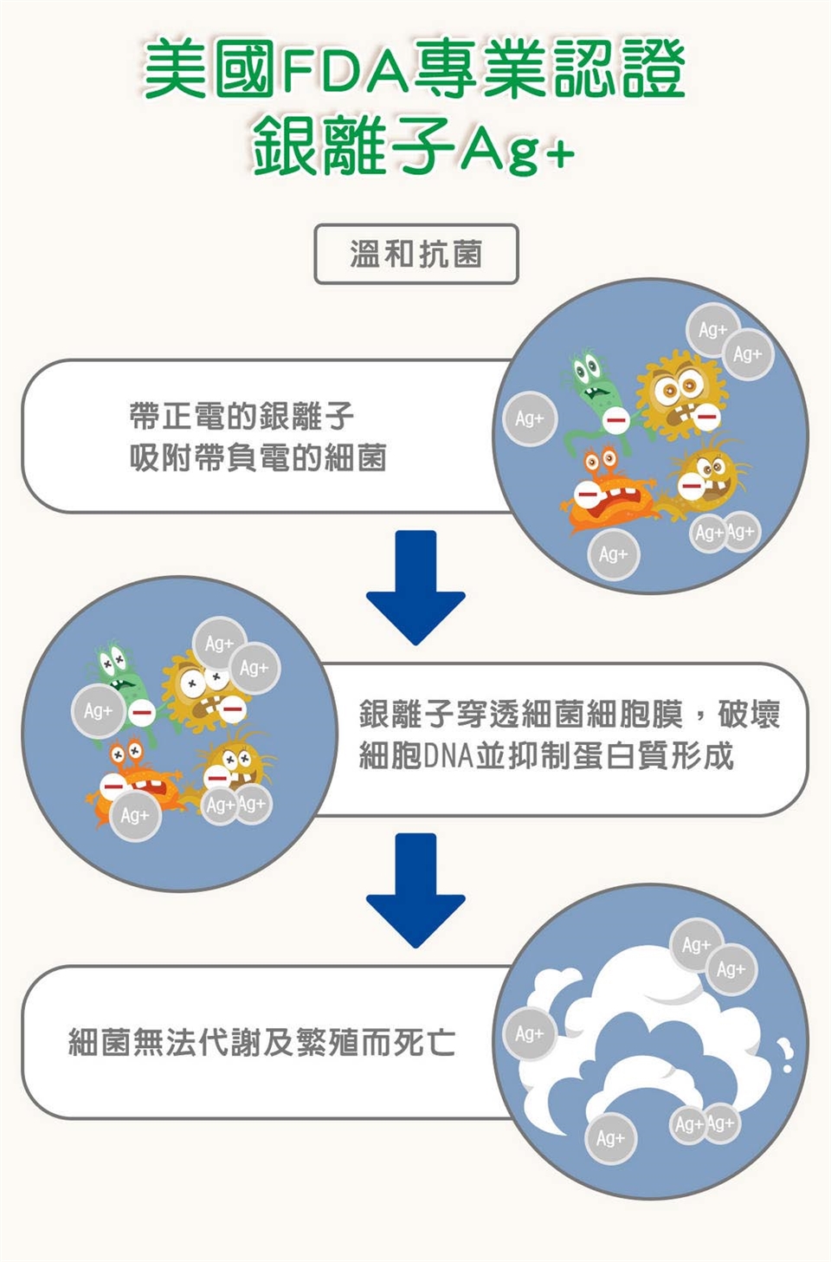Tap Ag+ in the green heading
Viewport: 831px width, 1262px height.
point(517,150)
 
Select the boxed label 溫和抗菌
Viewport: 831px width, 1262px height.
point(415,255)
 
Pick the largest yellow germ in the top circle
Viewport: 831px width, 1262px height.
point(680,394)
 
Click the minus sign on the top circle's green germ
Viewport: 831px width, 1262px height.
point(615,422)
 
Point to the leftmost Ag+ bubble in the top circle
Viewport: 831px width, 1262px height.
point(530,419)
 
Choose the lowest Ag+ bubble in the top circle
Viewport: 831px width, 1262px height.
point(613,554)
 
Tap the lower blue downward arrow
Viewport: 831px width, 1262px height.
point(415,890)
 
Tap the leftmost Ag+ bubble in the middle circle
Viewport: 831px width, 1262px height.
point(98,711)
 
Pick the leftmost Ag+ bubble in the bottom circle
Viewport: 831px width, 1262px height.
point(529,1034)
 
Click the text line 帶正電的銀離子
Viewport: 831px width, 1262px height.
point(242,417)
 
